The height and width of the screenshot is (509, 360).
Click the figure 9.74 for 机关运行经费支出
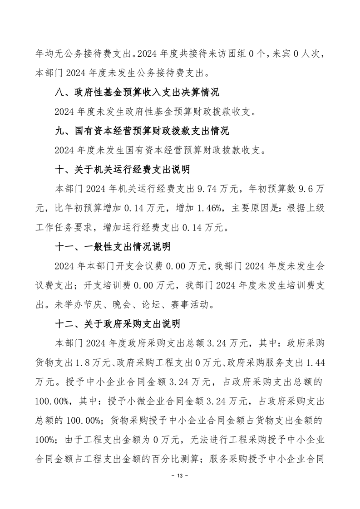tap(211, 189)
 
